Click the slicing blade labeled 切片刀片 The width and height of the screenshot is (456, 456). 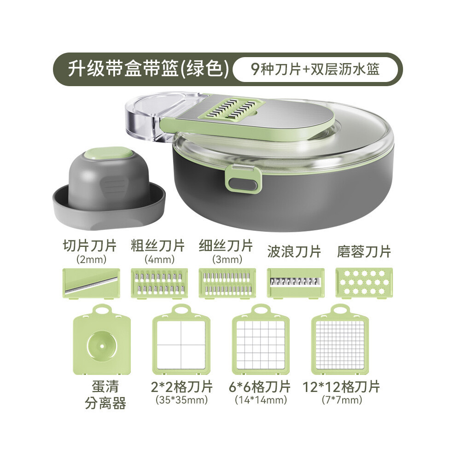(x=91, y=283)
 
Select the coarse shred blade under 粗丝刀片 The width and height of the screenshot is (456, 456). (x=159, y=283)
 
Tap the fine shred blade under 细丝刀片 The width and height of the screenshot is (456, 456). (x=228, y=283)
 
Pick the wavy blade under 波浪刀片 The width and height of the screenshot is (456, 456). (x=295, y=283)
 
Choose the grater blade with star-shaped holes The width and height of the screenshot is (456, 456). (x=364, y=283)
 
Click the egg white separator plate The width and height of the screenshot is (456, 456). (x=102, y=339)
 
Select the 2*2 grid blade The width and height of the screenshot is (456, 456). (x=181, y=339)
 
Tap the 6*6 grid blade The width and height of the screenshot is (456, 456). (x=261, y=339)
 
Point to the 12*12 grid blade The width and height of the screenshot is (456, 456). (x=340, y=339)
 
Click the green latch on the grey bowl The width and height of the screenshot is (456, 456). (x=243, y=180)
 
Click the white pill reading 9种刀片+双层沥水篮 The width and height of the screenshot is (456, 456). (x=315, y=69)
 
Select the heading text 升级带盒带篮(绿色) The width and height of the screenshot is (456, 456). (x=148, y=69)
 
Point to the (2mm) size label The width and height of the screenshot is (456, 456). (x=91, y=259)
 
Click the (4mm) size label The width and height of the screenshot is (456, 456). (x=159, y=259)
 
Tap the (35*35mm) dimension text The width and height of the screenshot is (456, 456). (x=182, y=400)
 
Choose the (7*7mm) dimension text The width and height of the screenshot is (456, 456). (x=342, y=400)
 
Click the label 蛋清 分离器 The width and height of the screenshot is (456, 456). (x=105, y=395)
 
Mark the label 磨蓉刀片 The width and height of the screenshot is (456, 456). (x=364, y=251)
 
